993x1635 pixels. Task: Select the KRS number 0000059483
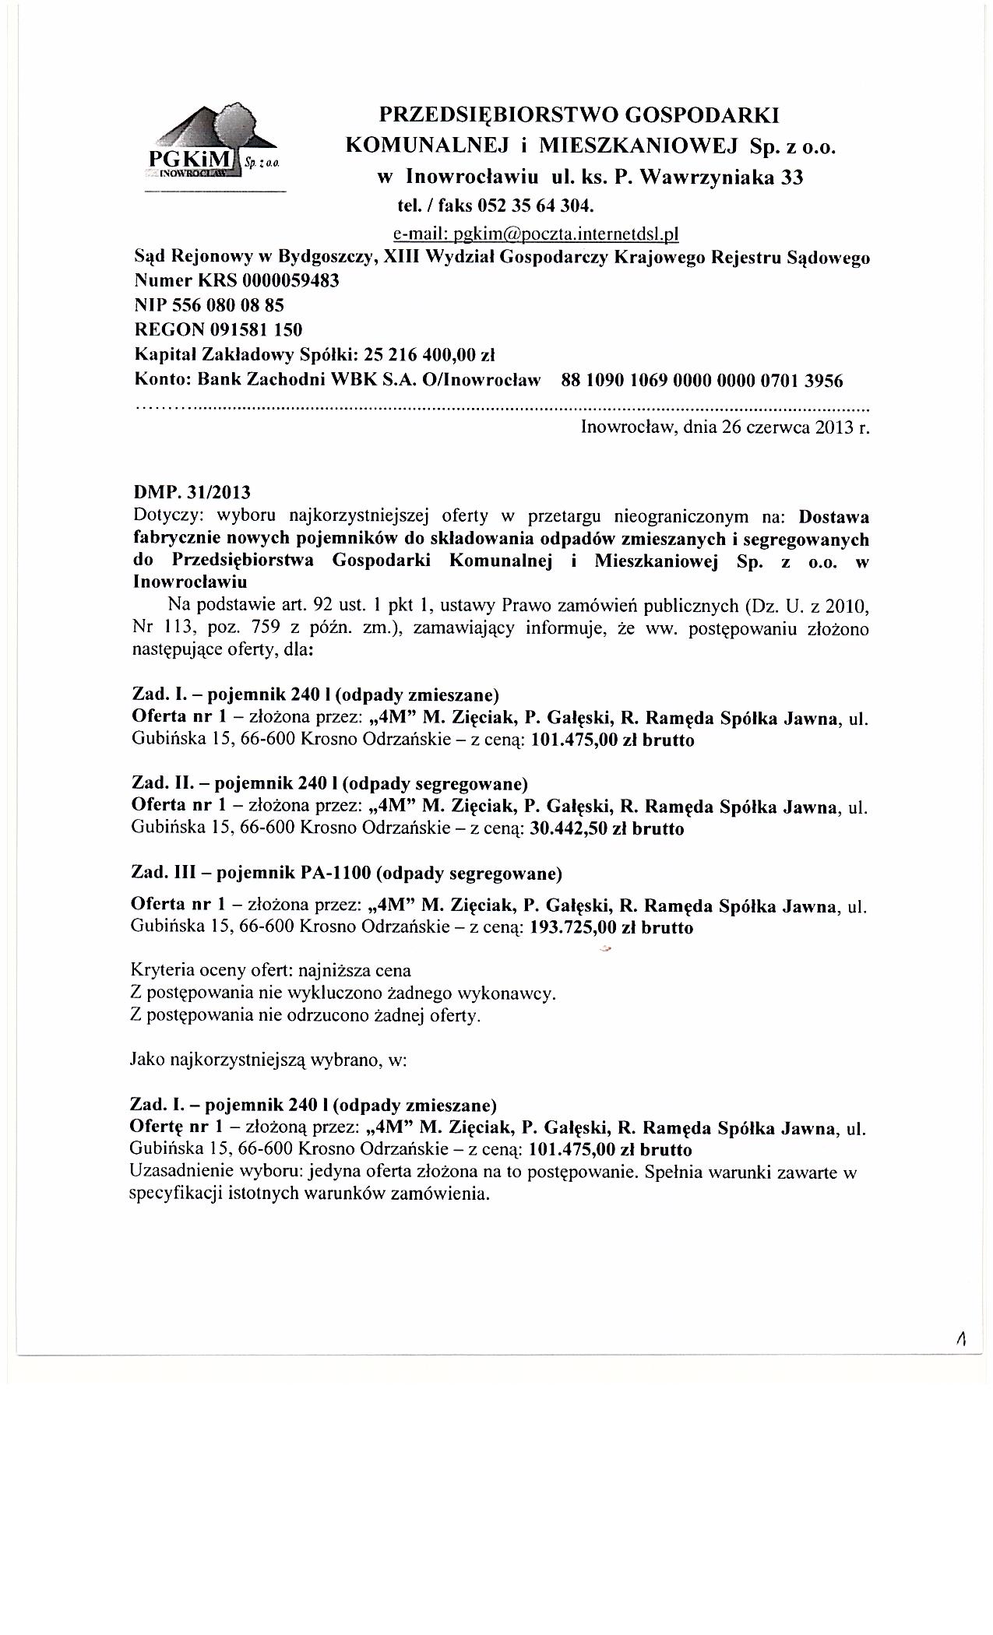pyautogui.click(x=291, y=281)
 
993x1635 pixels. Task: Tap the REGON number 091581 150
pyautogui.click(x=252, y=331)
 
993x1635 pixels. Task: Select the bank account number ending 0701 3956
pyautogui.click(x=702, y=381)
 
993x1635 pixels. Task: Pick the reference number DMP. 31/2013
pyautogui.click(x=193, y=493)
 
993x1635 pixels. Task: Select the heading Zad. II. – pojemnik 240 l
pyautogui.click(x=330, y=783)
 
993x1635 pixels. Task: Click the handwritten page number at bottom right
pyautogui.click(x=963, y=1339)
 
